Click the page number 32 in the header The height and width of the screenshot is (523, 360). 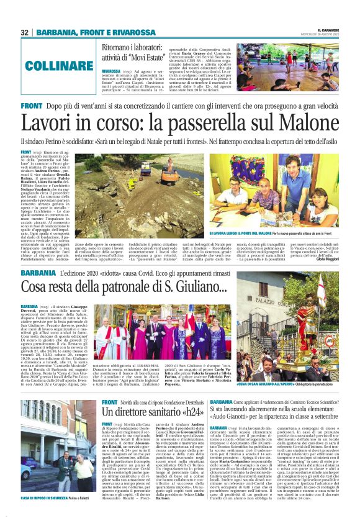(x=25, y=32)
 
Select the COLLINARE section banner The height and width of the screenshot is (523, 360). (x=56, y=65)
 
